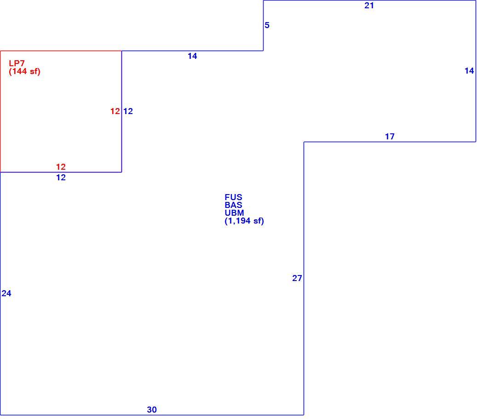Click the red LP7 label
pyautogui.click(x=17, y=63)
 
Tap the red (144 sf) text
pyautogui.click(x=25, y=71)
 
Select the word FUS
pyautogui.click(x=233, y=197)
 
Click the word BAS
pyautogui.click(x=233, y=205)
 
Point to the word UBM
pyautogui.click(x=234, y=213)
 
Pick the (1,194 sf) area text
pyautogui.click(x=244, y=221)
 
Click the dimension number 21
pyautogui.click(x=369, y=6)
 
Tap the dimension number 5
pyautogui.click(x=267, y=25)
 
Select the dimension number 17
pyautogui.click(x=390, y=137)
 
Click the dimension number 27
pyautogui.click(x=297, y=278)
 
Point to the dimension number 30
pyautogui.click(x=152, y=410)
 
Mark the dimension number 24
pyautogui.click(x=6, y=293)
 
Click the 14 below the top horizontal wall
pyautogui.click(x=192, y=56)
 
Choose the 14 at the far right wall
pyautogui.click(x=469, y=71)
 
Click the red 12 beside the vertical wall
pyautogui.click(x=115, y=111)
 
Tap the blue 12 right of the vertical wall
pyautogui.click(x=128, y=111)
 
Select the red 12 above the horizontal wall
pyautogui.click(x=61, y=167)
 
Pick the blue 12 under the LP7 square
pyautogui.click(x=61, y=178)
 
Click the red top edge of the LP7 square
pyautogui.click(x=61, y=51)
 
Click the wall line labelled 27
pyautogui.click(x=304, y=278)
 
